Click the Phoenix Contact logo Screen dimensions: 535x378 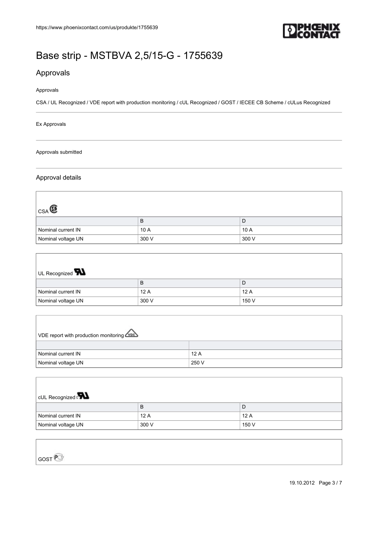[312, 31]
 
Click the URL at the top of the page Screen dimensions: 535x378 [97, 27]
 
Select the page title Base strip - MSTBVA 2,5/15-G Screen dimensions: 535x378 [129, 55]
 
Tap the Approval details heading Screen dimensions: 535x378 [58, 178]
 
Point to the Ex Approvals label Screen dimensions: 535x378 [51, 124]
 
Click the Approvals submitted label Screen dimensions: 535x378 [59, 152]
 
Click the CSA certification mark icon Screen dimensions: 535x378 [54, 209]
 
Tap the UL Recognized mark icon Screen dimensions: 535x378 [80, 272]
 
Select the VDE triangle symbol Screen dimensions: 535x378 [131, 334]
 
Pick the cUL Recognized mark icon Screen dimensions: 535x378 [83, 396]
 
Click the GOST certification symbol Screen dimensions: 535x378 [59, 457]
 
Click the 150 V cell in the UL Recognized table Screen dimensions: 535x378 [249, 301]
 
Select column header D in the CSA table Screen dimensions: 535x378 [244, 221]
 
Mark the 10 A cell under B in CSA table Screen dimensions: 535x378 [145, 230]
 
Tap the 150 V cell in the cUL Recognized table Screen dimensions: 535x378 [249, 425]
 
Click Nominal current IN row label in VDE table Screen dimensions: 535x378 [59, 353]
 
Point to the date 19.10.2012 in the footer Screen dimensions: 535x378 [302, 483]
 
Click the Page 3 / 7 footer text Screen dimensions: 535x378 [330, 483]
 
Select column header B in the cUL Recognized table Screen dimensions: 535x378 [142, 407]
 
